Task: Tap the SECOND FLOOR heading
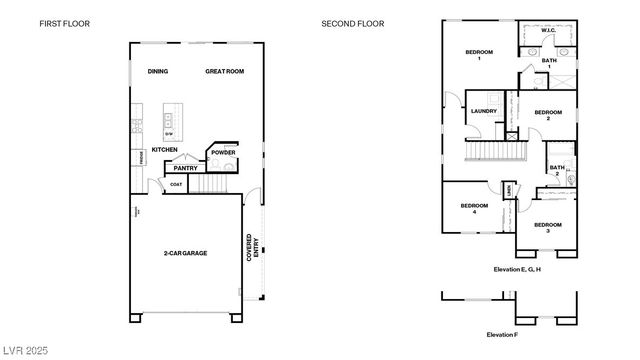point(352,23)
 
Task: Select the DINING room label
point(158,72)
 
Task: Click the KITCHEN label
point(164,150)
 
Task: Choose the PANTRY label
point(185,168)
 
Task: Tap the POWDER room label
point(222,153)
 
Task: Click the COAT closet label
point(176,184)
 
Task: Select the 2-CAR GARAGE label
point(185,253)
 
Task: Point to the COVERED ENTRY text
point(252,246)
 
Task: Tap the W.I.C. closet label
point(548,31)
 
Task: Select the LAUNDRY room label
point(484,111)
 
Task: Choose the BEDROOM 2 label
point(547,115)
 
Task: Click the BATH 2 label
point(557,170)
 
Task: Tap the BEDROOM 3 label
point(546,228)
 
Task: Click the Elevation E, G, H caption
point(517,269)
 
